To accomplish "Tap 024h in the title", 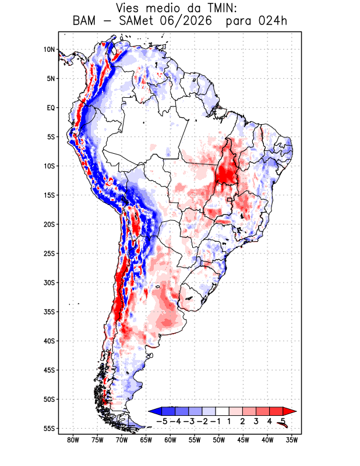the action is coord(273,21).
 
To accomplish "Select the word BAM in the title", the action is coord(84,21).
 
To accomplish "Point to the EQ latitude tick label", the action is coord(51,108).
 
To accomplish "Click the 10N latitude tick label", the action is coord(49,50).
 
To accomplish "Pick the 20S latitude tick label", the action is coord(49,224).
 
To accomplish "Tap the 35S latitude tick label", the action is coord(49,312).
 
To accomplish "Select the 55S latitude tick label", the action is coord(49,429).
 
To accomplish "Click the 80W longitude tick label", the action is coord(73,440).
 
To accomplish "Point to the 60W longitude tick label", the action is coord(170,440).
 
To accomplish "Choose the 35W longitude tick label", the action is coord(292,440).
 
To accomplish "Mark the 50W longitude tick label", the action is coord(219,440).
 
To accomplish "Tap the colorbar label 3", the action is coord(256,421).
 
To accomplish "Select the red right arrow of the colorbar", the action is coord(289,411).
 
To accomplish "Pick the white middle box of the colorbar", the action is coord(223,411).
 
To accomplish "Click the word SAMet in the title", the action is coord(136,21).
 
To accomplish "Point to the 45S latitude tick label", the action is coord(49,370).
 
